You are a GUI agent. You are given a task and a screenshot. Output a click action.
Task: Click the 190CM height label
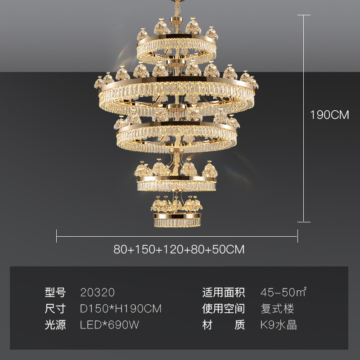(329, 115)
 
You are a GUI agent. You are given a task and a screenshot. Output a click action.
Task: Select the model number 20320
(98, 293)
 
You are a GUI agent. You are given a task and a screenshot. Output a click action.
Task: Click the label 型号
(55, 293)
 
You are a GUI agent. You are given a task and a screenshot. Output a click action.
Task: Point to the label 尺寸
(55, 309)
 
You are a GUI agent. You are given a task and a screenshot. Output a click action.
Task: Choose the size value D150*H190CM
(121, 309)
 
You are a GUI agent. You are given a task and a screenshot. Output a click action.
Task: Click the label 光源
(55, 325)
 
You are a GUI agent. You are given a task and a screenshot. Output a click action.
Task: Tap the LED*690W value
(110, 325)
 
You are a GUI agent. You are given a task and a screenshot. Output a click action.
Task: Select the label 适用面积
(224, 293)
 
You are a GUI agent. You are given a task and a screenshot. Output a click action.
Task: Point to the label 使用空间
(224, 309)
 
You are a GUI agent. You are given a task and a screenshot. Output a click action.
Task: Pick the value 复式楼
(277, 309)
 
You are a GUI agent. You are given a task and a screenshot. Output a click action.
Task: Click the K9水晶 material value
(279, 325)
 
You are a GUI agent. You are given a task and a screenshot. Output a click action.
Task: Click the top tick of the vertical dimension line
(304, 15)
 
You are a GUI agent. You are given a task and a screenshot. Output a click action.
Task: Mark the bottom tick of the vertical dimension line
(304, 221)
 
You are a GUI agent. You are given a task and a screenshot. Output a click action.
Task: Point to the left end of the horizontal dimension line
(57, 235)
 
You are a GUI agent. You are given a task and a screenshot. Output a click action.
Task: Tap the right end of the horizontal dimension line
(297, 235)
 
